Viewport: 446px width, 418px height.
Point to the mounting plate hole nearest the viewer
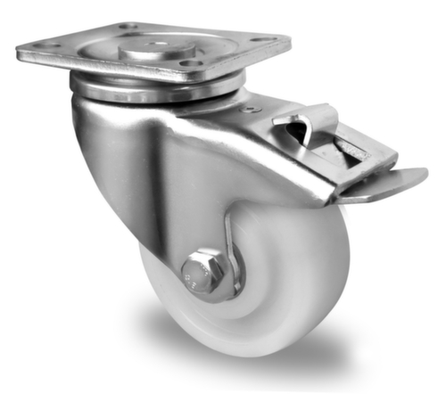[186, 64]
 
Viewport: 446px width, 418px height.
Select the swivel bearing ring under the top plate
[156, 89]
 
